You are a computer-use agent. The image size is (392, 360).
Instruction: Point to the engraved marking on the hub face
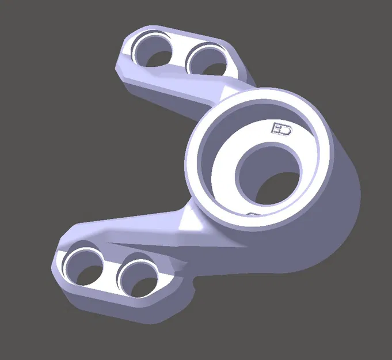click(281, 128)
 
